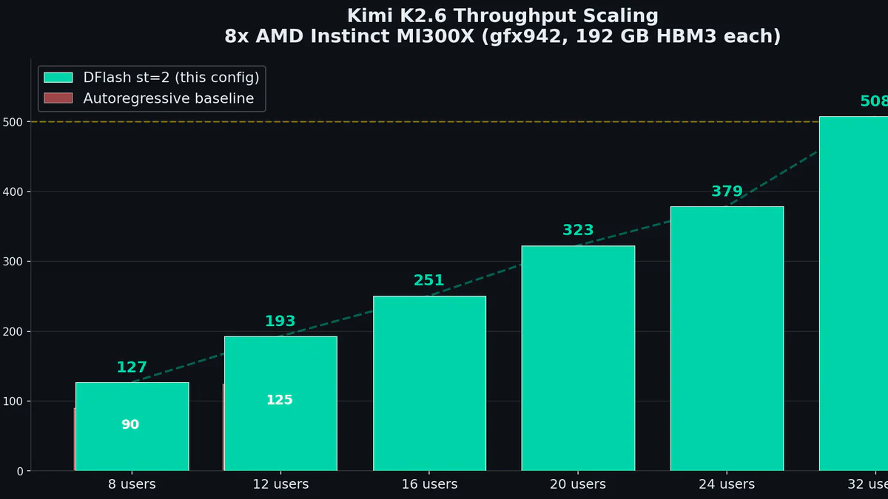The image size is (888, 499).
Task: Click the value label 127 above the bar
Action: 132,367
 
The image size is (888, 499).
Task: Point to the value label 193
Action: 280,322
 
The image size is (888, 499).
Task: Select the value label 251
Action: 429,281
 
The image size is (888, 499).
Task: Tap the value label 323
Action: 578,231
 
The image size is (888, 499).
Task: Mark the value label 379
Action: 727,191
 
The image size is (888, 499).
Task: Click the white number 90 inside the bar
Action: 130,425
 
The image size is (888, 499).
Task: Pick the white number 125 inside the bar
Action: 280,400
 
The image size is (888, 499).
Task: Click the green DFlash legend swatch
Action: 58,78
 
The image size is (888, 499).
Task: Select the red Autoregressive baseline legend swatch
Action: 58,98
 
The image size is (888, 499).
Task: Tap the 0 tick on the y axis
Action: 20,471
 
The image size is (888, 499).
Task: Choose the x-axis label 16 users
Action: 429,485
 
